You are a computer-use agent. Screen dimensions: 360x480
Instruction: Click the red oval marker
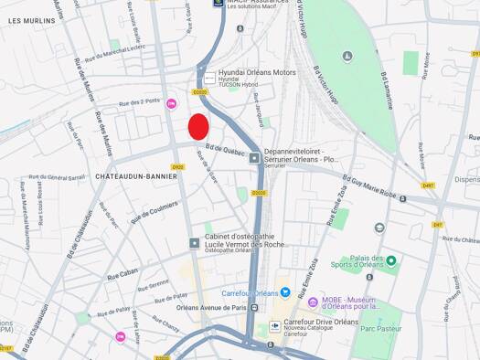click(x=198, y=127)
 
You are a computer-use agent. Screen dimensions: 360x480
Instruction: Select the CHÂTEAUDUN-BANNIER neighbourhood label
click(x=135, y=176)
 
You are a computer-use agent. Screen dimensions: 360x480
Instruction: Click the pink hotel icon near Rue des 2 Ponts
click(x=170, y=104)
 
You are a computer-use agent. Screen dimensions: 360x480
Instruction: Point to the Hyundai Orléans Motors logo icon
click(x=209, y=79)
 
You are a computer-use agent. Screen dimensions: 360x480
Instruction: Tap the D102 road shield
click(x=177, y=167)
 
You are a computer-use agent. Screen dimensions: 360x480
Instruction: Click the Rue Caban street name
click(x=122, y=274)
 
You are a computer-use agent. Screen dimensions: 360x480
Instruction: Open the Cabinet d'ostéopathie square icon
click(x=194, y=243)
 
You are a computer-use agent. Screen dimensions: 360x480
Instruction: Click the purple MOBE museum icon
click(x=314, y=302)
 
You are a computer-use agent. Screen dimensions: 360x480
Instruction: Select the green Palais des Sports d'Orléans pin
click(x=391, y=262)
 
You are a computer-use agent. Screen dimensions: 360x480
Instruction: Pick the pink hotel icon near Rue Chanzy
click(x=120, y=337)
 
